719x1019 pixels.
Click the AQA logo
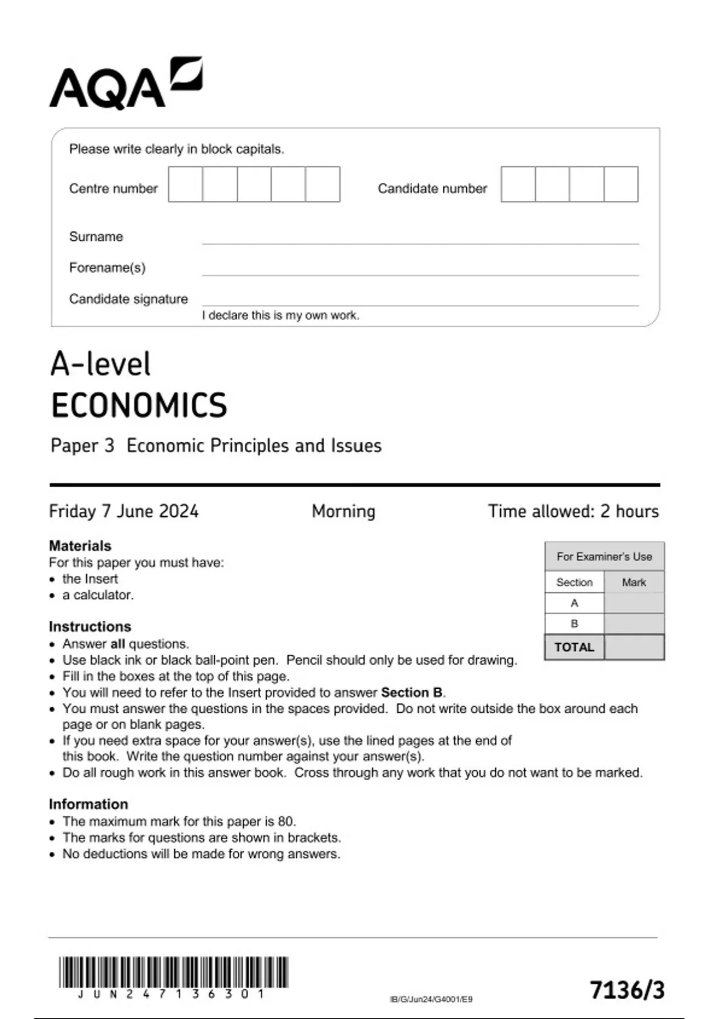(x=125, y=84)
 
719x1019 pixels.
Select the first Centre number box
(x=185, y=185)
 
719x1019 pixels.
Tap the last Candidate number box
(x=621, y=185)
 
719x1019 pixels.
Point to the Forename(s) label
(x=107, y=267)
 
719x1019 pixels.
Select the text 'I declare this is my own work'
(x=280, y=315)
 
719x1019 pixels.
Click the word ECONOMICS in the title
(x=139, y=405)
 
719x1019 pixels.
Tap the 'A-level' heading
(x=101, y=364)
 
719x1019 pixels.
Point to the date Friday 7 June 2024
(x=123, y=511)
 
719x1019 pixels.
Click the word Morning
(x=343, y=511)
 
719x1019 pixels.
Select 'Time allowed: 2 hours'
(x=573, y=511)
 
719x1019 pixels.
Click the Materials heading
(x=80, y=545)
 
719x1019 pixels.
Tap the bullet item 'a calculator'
(x=98, y=595)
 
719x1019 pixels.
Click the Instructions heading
(x=90, y=626)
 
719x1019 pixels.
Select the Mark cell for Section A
(x=634, y=603)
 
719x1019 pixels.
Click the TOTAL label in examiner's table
(x=574, y=647)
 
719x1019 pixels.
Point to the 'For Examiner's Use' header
(x=604, y=556)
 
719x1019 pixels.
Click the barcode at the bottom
(x=173, y=972)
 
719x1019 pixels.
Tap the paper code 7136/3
(x=627, y=990)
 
